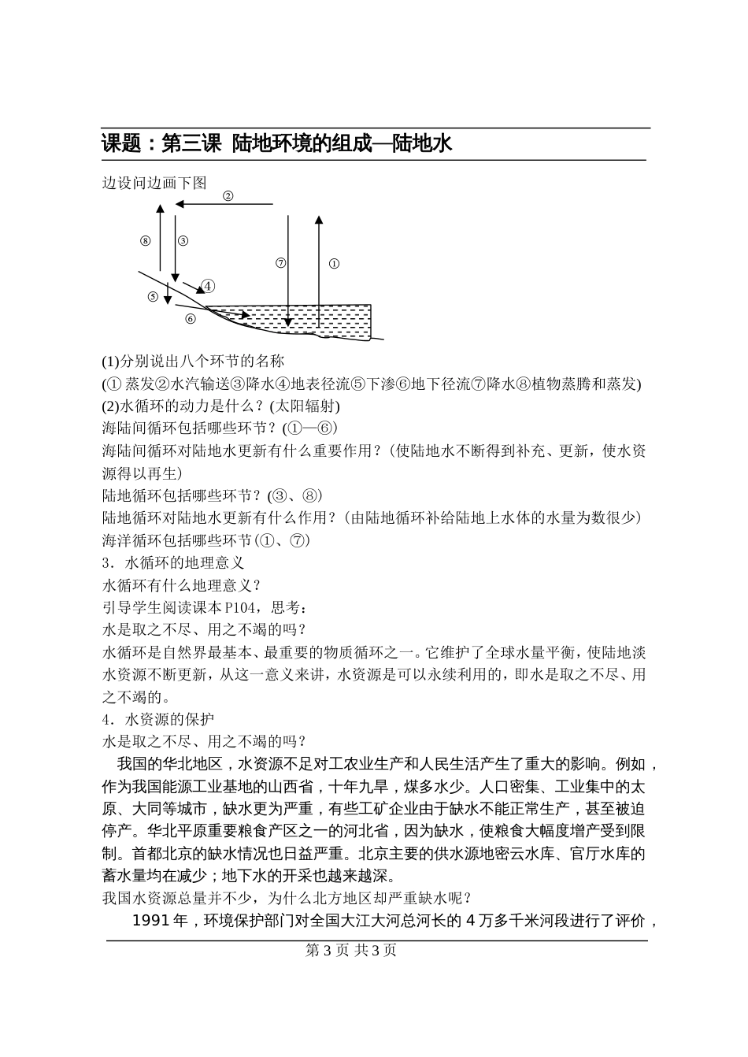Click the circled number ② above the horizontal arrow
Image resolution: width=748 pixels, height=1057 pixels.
click(x=228, y=196)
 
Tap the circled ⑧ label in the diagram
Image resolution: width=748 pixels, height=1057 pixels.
click(x=145, y=241)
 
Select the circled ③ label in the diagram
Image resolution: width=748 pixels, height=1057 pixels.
click(x=183, y=241)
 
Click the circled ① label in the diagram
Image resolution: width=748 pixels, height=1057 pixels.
click(x=333, y=264)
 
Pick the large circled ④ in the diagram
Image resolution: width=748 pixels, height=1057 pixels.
click(x=208, y=286)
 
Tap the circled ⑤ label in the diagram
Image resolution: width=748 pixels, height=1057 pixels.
click(x=153, y=296)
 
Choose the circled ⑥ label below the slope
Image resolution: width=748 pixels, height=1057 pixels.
click(x=190, y=318)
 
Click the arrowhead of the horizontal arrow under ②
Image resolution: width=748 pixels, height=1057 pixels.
click(x=180, y=204)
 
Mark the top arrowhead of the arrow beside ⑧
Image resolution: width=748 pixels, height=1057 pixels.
click(x=160, y=209)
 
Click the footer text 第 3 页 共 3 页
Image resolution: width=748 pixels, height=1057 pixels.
click(x=350, y=951)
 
